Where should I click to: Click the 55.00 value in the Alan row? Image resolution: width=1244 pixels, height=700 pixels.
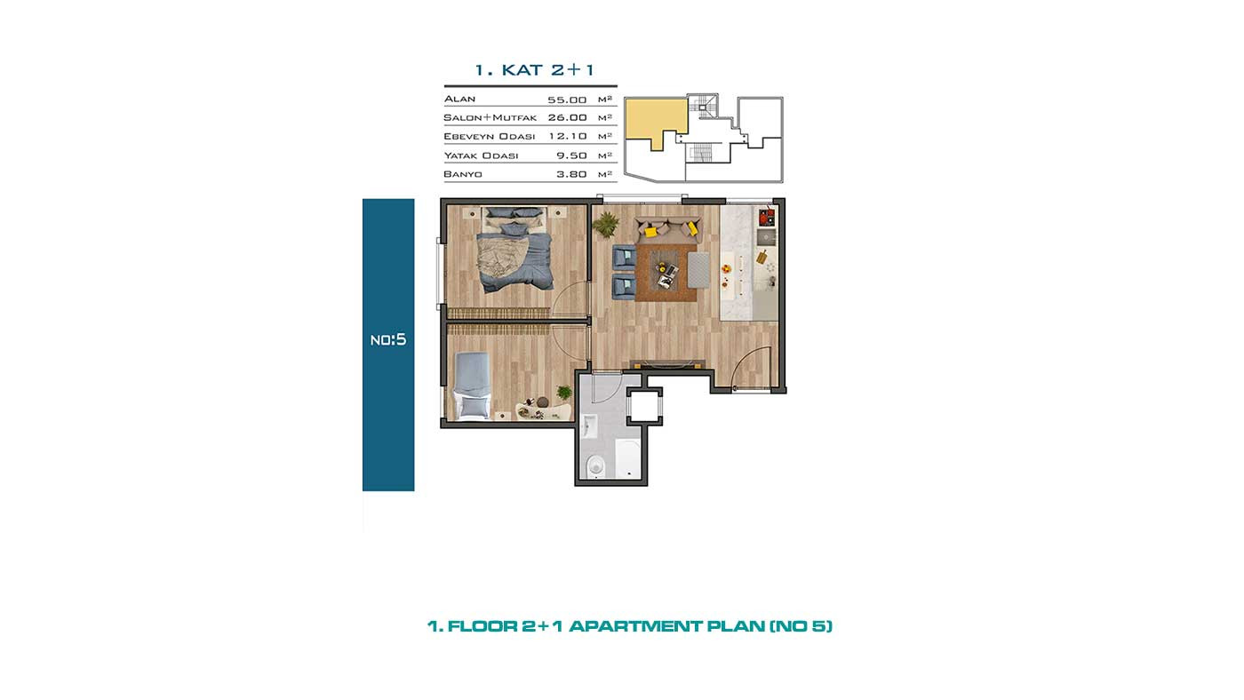click(x=567, y=99)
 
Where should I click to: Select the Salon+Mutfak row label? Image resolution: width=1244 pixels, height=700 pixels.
click(x=490, y=117)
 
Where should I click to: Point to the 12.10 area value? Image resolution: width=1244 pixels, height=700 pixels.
click(x=568, y=136)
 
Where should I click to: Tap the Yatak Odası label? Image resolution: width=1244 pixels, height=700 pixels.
click(x=481, y=155)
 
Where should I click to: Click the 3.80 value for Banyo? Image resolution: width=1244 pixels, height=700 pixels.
click(x=571, y=174)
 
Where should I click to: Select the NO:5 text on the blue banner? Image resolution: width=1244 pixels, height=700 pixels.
click(x=388, y=339)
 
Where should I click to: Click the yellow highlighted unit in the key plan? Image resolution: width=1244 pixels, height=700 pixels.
click(x=656, y=121)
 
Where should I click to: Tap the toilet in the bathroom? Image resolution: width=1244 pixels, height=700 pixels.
click(x=595, y=465)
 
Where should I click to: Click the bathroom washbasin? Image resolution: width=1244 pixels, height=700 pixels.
click(x=589, y=426)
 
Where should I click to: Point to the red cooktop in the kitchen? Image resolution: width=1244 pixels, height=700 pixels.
click(x=767, y=217)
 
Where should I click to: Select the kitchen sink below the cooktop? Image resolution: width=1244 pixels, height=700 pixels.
click(x=768, y=238)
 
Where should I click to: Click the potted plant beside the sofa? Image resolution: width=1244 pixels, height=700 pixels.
click(x=605, y=224)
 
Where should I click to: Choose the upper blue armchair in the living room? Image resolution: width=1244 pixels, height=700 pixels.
click(x=624, y=258)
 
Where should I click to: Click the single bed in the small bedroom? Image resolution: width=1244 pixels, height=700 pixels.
click(x=473, y=386)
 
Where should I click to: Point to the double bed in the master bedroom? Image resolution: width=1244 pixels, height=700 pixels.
click(x=514, y=250)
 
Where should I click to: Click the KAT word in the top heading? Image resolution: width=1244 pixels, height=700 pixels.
click(x=522, y=70)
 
